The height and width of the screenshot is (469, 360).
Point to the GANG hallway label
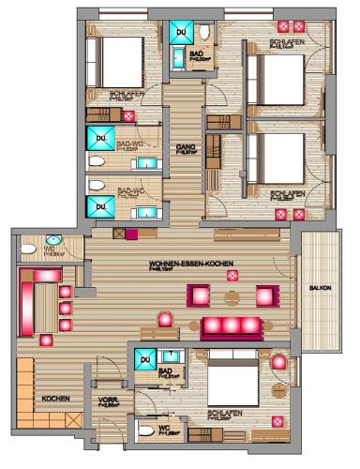[x=185, y=147]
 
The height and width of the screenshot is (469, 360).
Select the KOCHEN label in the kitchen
[x=55, y=399]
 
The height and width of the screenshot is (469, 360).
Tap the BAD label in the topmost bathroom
[x=196, y=54]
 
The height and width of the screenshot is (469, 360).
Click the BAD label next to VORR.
[x=166, y=372]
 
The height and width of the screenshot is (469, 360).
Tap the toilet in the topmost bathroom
[x=204, y=34]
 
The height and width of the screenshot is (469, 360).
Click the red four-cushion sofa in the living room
[x=230, y=326]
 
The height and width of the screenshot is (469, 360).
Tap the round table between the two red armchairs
[x=233, y=296]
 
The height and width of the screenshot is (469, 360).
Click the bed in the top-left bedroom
[x=118, y=61]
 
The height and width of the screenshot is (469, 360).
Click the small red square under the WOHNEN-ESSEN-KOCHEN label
[x=232, y=274]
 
